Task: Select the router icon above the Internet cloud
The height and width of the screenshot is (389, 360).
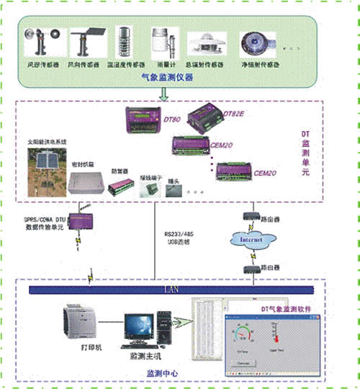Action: click(x=251, y=215)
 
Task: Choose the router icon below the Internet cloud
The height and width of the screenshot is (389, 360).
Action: click(x=251, y=267)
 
